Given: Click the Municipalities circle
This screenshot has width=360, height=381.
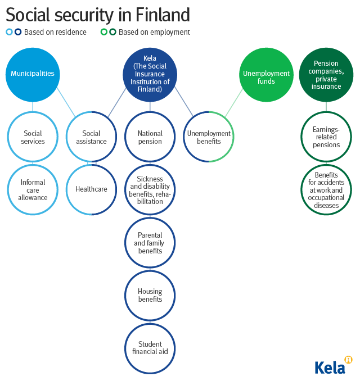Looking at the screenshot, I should tap(33, 74).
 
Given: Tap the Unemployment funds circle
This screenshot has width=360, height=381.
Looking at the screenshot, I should tap(266, 75).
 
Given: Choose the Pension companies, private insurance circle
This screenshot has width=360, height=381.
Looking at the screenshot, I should tap(326, 75).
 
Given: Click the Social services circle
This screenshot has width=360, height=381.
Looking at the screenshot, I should tap(33, 137).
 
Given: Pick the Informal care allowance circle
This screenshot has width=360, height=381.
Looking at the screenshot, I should tap(33, 190).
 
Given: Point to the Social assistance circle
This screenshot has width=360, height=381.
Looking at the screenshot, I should tap(91, 137).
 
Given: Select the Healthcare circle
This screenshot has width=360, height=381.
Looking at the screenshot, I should tap(91, 190).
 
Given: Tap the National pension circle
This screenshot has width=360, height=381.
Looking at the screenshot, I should tap(150, 137).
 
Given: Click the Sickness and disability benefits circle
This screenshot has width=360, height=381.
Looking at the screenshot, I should tap(150, 190).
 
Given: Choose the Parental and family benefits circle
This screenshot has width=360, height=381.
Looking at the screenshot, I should tap(150, 243).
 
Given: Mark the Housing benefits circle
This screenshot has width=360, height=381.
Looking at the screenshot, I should tap(150, 296).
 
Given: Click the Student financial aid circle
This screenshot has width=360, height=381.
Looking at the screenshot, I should tap(150, 348).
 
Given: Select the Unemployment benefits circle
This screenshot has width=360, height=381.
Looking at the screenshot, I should tap(209, 137).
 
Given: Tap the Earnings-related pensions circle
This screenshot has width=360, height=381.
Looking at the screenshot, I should tap(326, 137).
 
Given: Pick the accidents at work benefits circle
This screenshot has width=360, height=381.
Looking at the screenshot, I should tap(326, 190).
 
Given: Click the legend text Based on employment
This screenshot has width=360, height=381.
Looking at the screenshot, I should tap(154, 32).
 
